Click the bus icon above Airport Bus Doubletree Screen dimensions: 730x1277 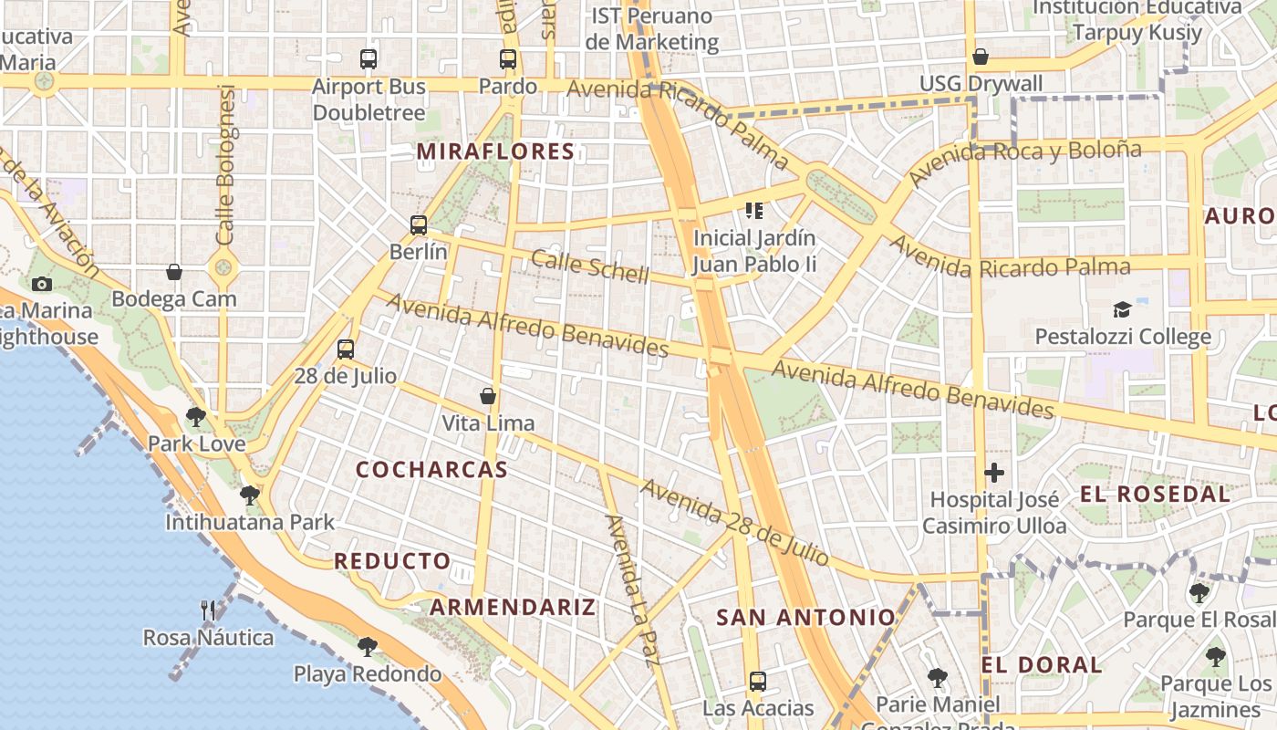click(369, 59)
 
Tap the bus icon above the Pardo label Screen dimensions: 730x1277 click(508, 59)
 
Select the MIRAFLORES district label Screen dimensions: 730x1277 click(495, 151)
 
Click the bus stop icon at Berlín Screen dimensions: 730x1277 click(419, 224)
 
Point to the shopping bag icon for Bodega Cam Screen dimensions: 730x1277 click(174, 272)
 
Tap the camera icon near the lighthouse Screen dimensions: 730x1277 click(42, 284)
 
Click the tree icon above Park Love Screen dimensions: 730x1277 click(195, 417)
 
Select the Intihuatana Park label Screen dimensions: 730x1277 click(250, 523)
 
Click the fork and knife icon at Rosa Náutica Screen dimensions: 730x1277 click(208, 610)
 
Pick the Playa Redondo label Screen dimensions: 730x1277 click(367, 674)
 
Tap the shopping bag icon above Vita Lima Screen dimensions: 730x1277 click(488, 396)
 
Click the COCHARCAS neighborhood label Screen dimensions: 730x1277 click(431, 470)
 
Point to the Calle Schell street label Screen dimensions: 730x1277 click(590, 266)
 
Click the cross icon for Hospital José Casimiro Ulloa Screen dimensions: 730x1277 click(994, 473)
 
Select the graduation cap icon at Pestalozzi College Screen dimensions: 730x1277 click(1122, 310)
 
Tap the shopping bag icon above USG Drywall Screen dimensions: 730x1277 click(981, 57)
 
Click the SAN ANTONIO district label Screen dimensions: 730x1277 click(806, 618)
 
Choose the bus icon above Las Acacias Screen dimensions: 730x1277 click(757, 681)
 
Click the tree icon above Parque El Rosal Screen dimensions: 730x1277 click(1199, 593)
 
